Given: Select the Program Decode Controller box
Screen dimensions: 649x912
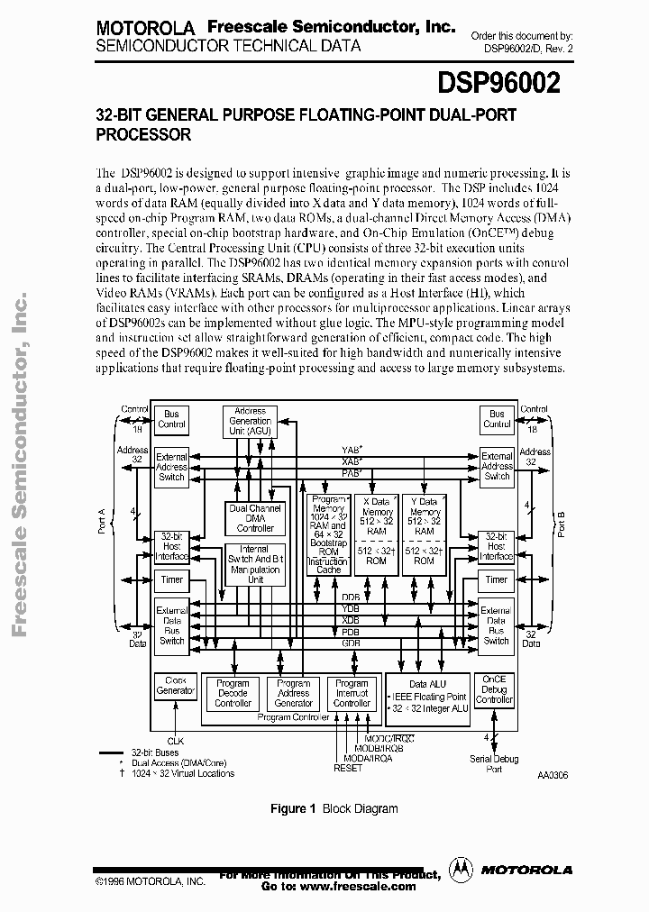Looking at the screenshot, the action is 233,693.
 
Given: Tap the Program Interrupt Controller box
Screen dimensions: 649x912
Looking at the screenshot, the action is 352,693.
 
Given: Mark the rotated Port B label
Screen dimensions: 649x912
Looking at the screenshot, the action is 561,523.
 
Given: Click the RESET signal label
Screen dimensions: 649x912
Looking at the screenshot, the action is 348,769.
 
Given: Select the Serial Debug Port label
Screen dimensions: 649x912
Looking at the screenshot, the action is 495,764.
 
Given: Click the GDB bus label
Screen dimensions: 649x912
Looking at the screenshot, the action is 351,643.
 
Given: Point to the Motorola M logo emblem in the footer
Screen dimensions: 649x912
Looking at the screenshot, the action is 461,869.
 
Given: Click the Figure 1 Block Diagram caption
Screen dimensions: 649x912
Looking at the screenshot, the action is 334,808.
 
